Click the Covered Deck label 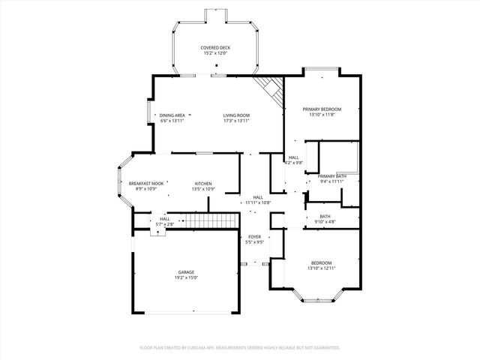pyautogui.click(x=215, y=47)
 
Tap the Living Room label pyautogui.click(x=235, y=115)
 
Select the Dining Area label pyautogui.click(x=172, y=115)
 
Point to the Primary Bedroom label pyautogui.click(x=322, y=109)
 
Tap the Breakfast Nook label pyautogui.click(x=145, y=184)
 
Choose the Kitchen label pyautogui.click(x=203, y=184)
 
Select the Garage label pyautogui.click(x=186, y=272)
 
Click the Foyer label pyautogui.click(x=255, y=237)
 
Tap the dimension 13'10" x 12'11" pyautogui.click(x=321, y=268)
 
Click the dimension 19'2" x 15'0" pyautogui.click(x=186, y=277)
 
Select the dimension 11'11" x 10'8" pyautogui.click(x=257, y=202)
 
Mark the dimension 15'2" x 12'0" pyautogui.click(x=215, y=53)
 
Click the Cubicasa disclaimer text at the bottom pyautogui.click(x=240, y=347)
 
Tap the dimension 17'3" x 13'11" pyautogui.click(x=235, y=121)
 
